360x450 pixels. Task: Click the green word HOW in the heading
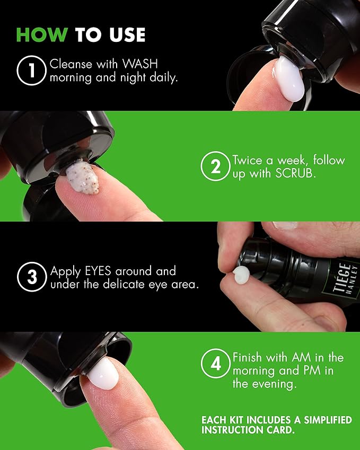[x=41, y=34]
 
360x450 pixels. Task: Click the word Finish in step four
[x=250, y=357]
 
